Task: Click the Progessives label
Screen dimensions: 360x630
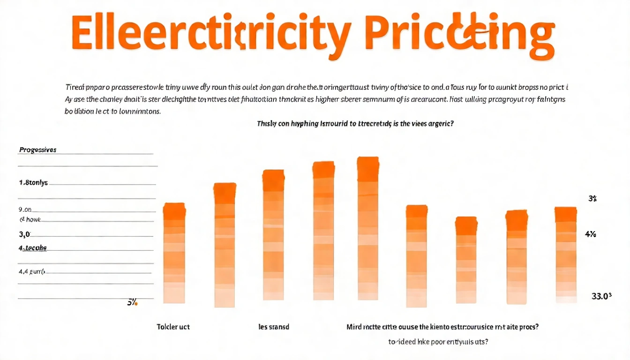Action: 37,150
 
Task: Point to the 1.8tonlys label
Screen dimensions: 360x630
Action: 33,183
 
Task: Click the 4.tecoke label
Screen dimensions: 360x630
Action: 33,248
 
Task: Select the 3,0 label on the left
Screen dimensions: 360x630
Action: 24,234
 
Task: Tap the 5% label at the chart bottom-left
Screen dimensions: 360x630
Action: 132,303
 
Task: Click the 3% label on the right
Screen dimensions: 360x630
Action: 592,199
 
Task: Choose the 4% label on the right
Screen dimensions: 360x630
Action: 591,234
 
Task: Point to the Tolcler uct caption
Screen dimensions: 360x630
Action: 173,327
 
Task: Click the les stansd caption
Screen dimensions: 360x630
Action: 274,327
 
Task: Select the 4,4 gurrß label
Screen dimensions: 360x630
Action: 31,271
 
